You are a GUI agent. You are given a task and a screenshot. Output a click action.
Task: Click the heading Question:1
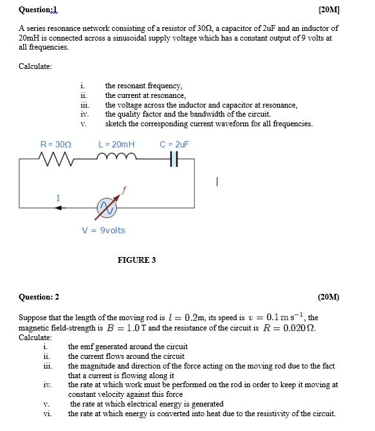(38, 9)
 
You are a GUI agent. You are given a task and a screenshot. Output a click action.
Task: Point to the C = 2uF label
(174, 145)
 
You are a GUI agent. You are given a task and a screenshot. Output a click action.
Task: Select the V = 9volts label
(104, 231)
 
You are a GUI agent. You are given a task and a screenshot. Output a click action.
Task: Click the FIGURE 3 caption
(136, 260)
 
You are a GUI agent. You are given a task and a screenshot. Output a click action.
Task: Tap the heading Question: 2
(39, 297)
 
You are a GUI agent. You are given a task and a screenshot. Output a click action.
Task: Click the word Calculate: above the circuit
(35, 66)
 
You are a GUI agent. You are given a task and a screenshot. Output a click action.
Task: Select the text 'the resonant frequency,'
(143, 86)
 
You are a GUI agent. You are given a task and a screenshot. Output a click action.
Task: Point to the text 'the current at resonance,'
(145, 95)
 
